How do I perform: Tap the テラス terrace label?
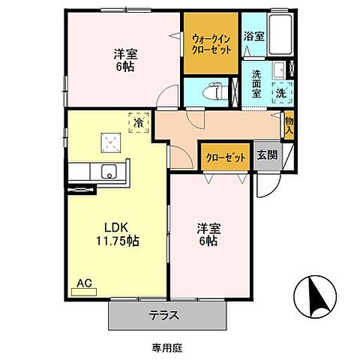pos(163,315)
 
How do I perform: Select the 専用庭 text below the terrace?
pos(160,346)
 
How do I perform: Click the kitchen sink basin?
pos(109,172)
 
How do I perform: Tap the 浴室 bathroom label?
pos(253,36)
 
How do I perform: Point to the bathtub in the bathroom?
pos(282,33)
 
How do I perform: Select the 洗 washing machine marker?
pos(279,93)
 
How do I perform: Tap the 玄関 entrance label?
pos(266,156)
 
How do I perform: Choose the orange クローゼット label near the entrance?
pos(225,157)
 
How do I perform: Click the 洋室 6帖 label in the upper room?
pos(126,60)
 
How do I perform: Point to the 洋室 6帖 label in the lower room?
pos(208,235)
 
